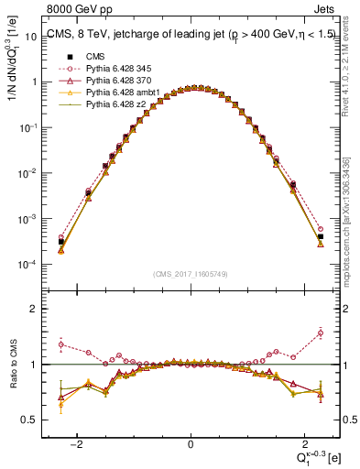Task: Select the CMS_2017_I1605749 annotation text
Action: pos(190,274)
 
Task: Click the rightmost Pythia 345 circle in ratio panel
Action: pos(321,333)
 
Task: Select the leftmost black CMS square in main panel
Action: pos(60,243)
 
